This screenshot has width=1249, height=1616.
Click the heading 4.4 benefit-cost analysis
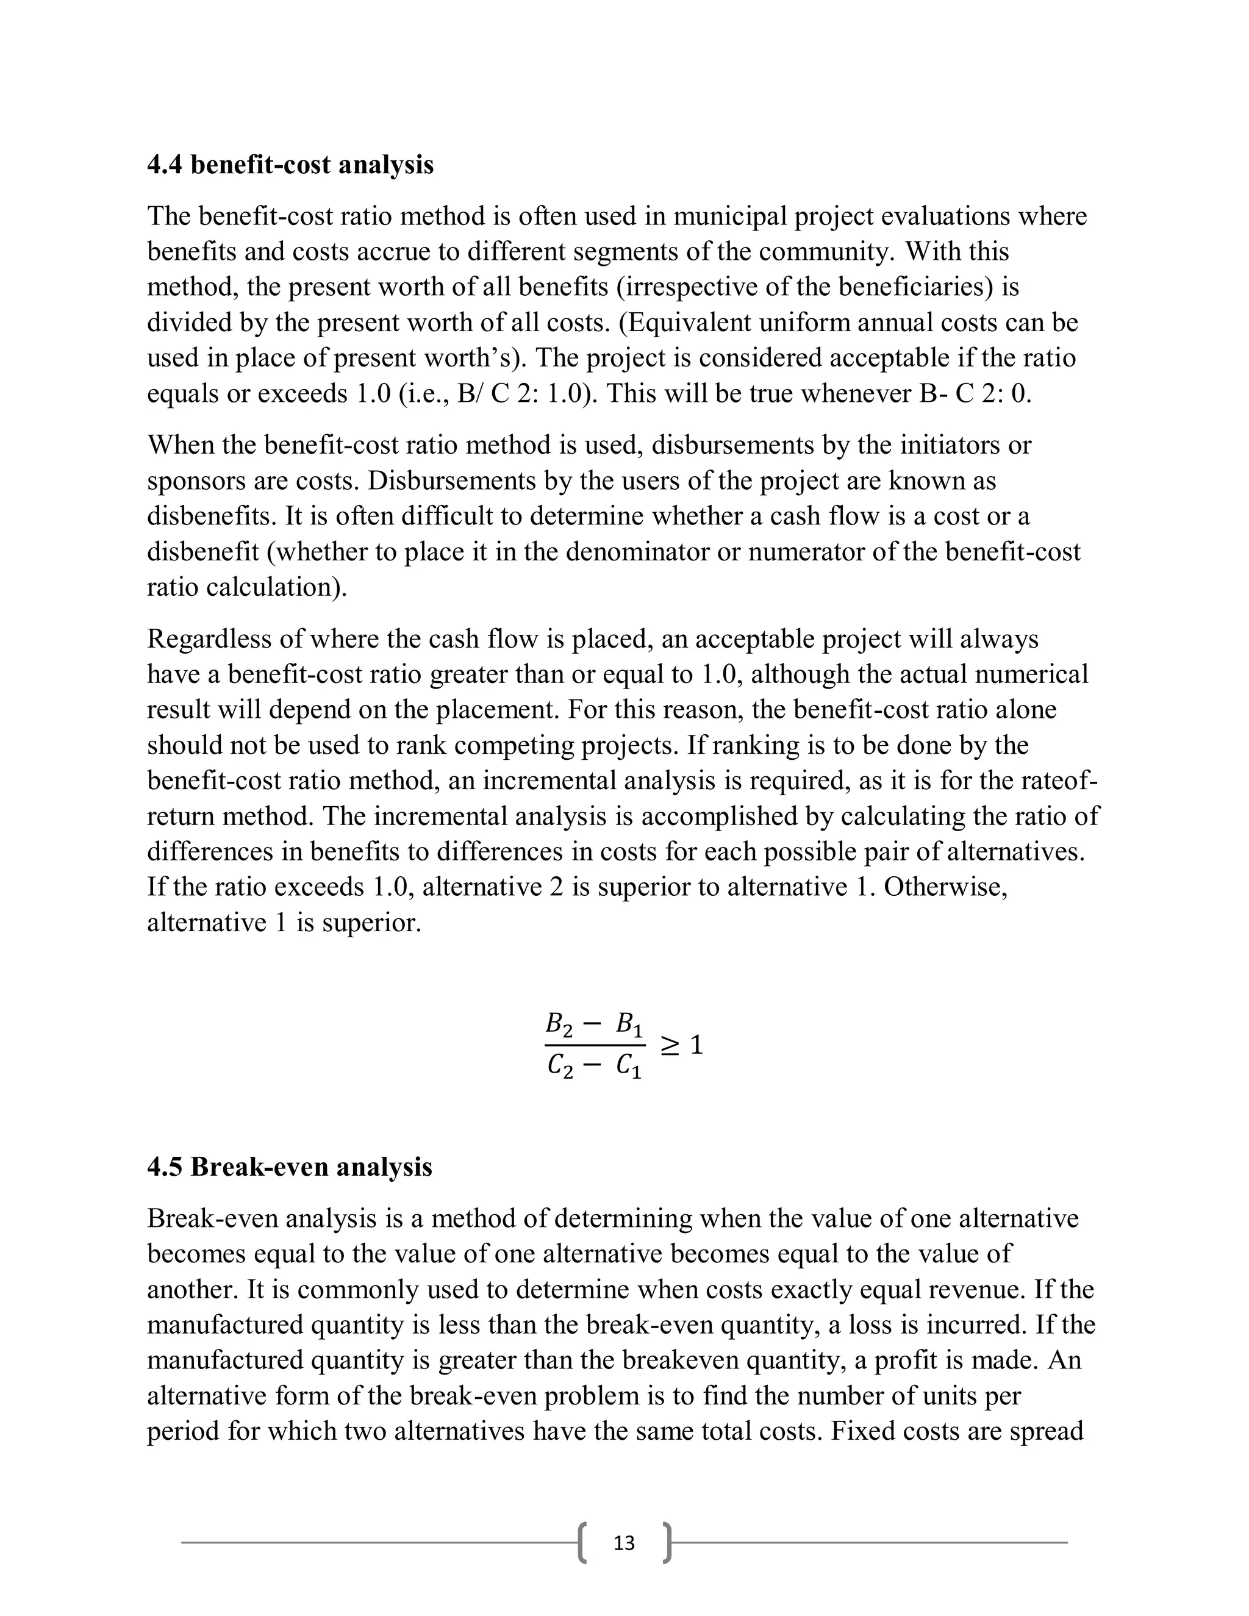290,164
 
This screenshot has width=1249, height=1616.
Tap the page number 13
624,1542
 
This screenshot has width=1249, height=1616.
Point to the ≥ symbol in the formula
669,1045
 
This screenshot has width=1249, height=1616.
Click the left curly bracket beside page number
583,1542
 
